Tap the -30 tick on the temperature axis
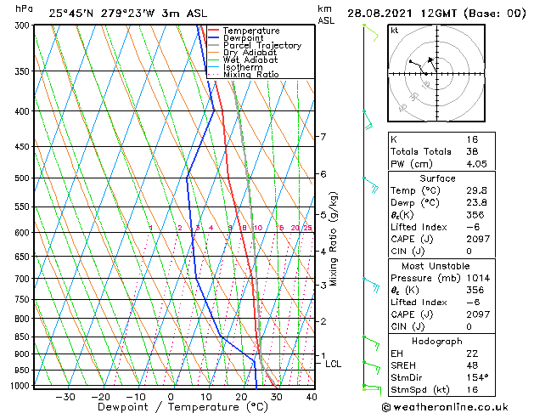click(x=65, y=396)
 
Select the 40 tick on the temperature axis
click(x=312, y=396)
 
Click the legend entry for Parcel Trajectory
click(x=261, y=45)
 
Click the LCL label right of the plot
click(x=334, y=364)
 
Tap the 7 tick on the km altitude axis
click(x=323, y=136)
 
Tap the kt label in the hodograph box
click(x=394, y=31)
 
